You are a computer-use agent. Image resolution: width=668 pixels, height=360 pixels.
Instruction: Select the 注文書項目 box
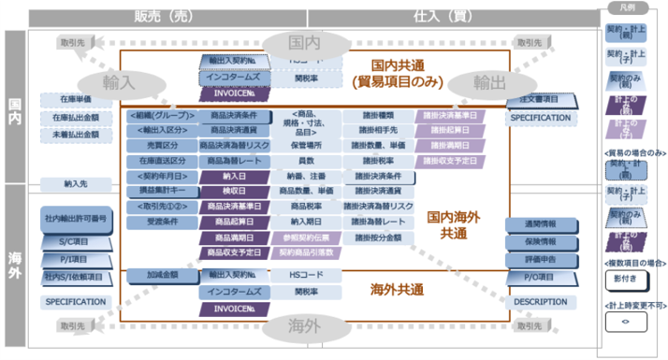coord(540,99)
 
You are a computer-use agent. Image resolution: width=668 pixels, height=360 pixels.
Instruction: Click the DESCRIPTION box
coord(541,302)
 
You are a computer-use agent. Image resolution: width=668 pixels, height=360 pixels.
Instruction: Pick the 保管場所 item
coord(307,145)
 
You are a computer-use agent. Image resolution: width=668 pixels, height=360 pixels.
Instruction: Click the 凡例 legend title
coord(629,7)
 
